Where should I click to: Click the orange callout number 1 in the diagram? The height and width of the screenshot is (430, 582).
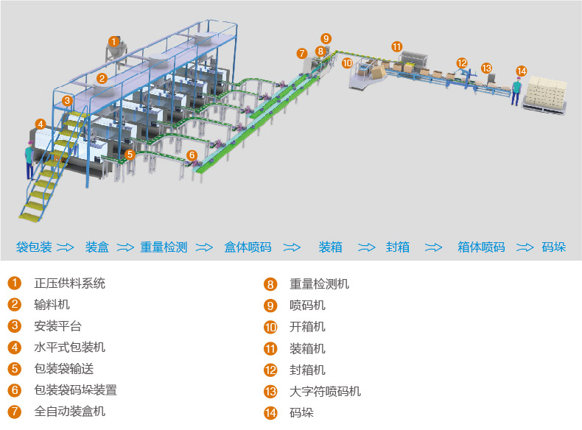[113, 41]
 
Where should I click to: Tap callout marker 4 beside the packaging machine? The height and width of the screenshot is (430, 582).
[41, 124]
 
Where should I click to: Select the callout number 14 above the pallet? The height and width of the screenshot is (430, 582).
[522, 71]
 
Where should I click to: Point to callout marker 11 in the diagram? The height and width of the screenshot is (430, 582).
[397, 46]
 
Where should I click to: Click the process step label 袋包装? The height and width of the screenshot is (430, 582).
[34, 247]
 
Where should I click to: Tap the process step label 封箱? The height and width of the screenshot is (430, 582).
[398, 247]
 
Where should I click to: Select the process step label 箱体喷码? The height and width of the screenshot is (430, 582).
[481, 247]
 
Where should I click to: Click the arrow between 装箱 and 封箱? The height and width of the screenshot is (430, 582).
[366, 247]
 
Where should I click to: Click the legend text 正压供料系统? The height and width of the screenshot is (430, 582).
[70, 283]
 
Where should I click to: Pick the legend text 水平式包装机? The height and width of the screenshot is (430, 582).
[70, 347]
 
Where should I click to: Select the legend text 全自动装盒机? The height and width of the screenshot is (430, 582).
[70, 411]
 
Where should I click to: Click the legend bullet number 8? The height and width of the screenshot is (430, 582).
[270, 284]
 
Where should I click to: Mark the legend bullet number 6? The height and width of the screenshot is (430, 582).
[15, 390]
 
